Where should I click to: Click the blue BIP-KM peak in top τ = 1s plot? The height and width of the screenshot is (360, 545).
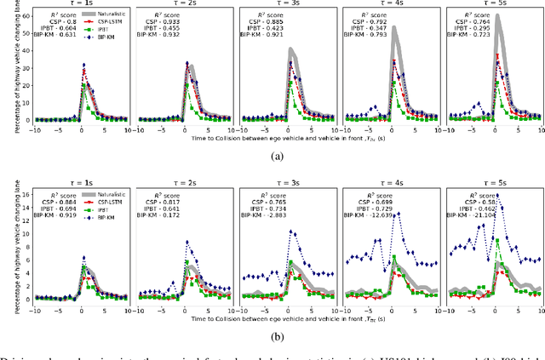click(x=83, y=65)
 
